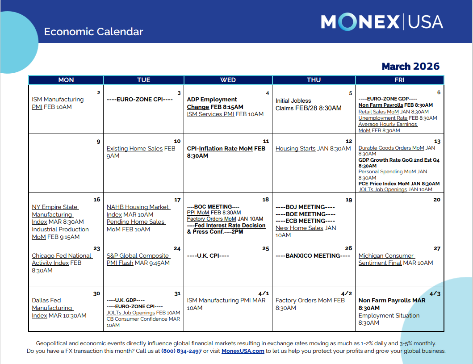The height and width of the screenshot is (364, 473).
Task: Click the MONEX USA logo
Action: tap(382, 22)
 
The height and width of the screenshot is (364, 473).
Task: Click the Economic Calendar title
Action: tap(93, 32)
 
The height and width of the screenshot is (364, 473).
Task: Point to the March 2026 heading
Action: tap(410, 67)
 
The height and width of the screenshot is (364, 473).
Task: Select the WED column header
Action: tap(228, 80)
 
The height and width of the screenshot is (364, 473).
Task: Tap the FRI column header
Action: tap(399, 80)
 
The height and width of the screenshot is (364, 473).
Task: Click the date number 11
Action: tap(266, 141)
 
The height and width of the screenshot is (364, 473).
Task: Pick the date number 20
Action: tap(436, 200)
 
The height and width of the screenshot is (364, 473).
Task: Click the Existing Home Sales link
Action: tap(134, 148)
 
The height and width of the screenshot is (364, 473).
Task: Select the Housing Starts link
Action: tap(295, 148)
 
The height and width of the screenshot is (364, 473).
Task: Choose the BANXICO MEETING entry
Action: tap(313, 256)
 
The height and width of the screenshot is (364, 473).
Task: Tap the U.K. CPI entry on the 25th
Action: tap(208, 256)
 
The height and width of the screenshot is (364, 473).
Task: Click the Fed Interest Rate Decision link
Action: tap(230, 225)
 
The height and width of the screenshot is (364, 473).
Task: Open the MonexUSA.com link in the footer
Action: tap(243, 351)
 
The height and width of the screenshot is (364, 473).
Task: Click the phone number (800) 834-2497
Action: tap(181, 351)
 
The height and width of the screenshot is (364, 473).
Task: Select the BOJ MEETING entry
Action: tap(305, 207)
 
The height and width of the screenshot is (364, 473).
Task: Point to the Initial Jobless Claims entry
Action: tap(308, 105)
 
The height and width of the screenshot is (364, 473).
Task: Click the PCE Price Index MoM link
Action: tap(384, 184)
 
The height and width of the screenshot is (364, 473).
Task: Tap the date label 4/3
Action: tap(435, 294)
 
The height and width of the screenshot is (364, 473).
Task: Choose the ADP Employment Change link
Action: tap(213, 103)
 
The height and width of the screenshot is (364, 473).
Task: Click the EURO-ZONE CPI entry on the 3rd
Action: tap(139, 99)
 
